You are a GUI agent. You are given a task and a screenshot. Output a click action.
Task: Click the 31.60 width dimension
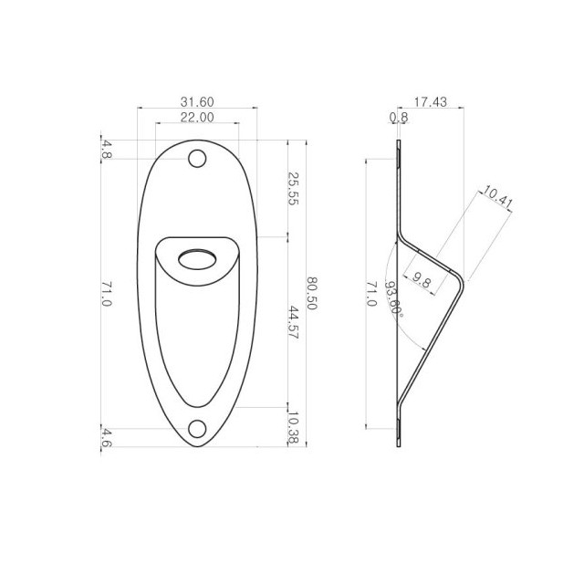click(197, 101)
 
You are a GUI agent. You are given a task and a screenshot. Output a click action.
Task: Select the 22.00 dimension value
click(197, 118)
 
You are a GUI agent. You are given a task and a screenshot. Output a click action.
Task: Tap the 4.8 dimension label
click(107, 150)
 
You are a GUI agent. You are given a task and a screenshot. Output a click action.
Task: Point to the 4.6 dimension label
click(107, 438)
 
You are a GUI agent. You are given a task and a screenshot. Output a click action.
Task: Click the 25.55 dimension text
click(294, 189)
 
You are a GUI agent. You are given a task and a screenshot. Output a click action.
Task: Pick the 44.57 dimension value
click(294, 322)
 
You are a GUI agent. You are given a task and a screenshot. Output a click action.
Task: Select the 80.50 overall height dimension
click(312, 294)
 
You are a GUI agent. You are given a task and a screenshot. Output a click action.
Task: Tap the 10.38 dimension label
click(294, 428)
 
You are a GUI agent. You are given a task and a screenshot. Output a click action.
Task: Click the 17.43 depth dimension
click(430, 101)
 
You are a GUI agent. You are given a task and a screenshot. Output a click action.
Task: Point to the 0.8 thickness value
click(399, 118)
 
